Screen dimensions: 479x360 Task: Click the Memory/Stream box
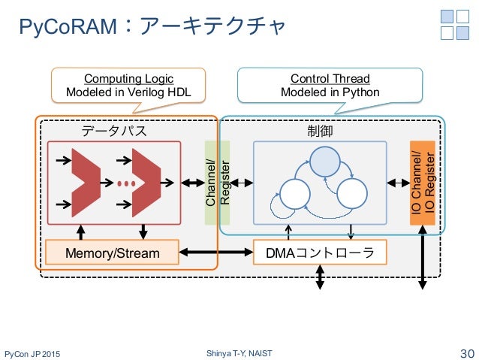[112, 253]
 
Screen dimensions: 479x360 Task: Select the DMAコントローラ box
[320, 253]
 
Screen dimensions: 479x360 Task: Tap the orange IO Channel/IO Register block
[423, 183]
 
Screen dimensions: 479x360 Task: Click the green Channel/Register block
[217, 183]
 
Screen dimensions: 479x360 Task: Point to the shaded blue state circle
[325, 162]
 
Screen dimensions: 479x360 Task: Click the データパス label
[114, 131]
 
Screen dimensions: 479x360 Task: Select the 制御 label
[320, 131]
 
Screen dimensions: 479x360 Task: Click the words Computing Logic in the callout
[129, 79]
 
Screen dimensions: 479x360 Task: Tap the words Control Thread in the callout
[330, 79]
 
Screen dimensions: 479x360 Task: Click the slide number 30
[467, 353]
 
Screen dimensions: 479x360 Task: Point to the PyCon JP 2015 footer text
[32, 354]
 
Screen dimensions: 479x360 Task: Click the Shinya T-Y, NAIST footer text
[239, 353]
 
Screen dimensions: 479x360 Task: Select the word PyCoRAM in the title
[68, 26]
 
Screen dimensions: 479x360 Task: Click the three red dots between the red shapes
[126, 183]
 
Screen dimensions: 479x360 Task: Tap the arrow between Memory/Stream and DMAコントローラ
[216, 253]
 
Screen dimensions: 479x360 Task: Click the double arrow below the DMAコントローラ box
[320, 277]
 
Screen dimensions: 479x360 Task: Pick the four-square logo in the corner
[454, 25]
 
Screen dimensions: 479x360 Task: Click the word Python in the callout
[361, 92]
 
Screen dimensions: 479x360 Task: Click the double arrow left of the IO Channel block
[399, 183]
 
